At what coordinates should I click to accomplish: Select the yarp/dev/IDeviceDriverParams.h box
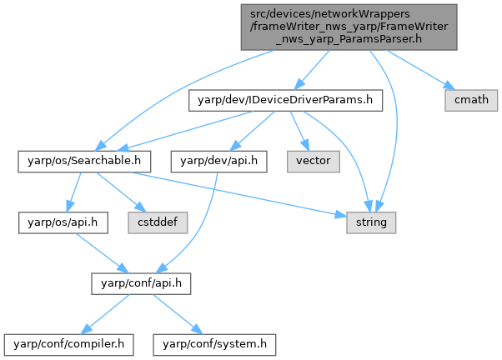tap(287, 99)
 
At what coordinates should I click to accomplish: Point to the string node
tap(372, 222)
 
